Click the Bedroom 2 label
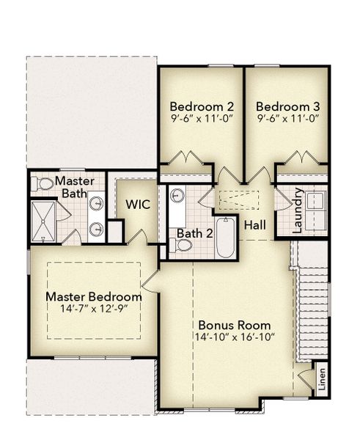click(201, 105)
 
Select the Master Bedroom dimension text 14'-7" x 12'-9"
click(93, 309)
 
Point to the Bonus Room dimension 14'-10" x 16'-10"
click(234, 338)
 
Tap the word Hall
click(256, 224)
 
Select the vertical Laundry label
click(298, 210)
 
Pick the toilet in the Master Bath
click(44, 183)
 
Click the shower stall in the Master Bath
click(43, 221)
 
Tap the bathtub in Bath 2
click(225, 238)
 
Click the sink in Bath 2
click(177, 196)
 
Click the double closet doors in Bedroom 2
click(186, 158)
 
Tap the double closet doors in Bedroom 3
click(301, 158)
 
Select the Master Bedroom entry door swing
click(150, 279)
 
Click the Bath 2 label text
click(194, 234)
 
